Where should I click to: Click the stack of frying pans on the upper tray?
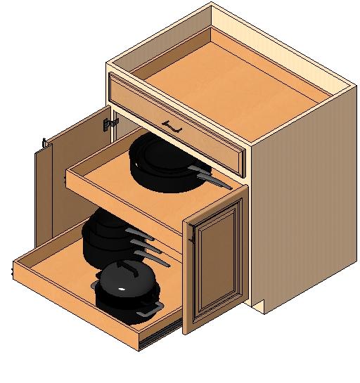163,162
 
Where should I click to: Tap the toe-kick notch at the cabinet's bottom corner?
259,306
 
